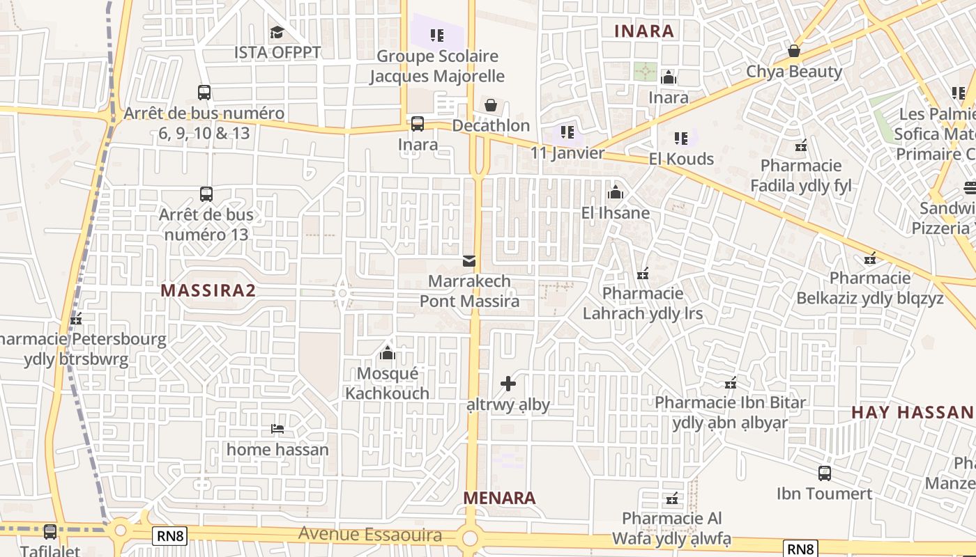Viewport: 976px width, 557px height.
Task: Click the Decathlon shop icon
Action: [491, 105]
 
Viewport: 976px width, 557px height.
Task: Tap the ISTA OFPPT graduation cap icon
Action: [277, 32]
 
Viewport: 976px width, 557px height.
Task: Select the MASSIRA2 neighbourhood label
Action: [208, 290]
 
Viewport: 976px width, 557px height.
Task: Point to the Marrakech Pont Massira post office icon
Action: [469, 261]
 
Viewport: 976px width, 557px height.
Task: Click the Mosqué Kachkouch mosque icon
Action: [388, 353]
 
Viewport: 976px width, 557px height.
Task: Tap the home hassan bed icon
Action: [277, 429]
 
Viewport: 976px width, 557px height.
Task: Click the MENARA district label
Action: [500, 498]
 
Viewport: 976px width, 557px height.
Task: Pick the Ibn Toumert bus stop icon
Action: [824, 473]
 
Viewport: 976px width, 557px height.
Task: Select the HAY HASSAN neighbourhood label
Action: [911, 412]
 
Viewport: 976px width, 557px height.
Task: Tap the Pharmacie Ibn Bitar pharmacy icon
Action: [730, 382]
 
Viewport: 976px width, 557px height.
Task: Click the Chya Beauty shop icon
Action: [793, 51]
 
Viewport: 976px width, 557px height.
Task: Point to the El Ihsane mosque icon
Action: [615, 192]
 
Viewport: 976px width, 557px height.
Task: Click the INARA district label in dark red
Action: [644, 31]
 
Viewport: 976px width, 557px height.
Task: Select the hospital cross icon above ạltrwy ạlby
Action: [508, 383]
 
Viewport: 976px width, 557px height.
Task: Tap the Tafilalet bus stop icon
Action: [50, 531]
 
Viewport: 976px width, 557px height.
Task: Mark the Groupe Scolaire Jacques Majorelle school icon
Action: [436, 35]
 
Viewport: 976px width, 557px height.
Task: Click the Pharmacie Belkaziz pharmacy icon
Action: [869, 258]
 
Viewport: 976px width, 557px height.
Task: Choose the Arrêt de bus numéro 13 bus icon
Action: [206, 194]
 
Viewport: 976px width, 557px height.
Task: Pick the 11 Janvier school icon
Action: [567, 132]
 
